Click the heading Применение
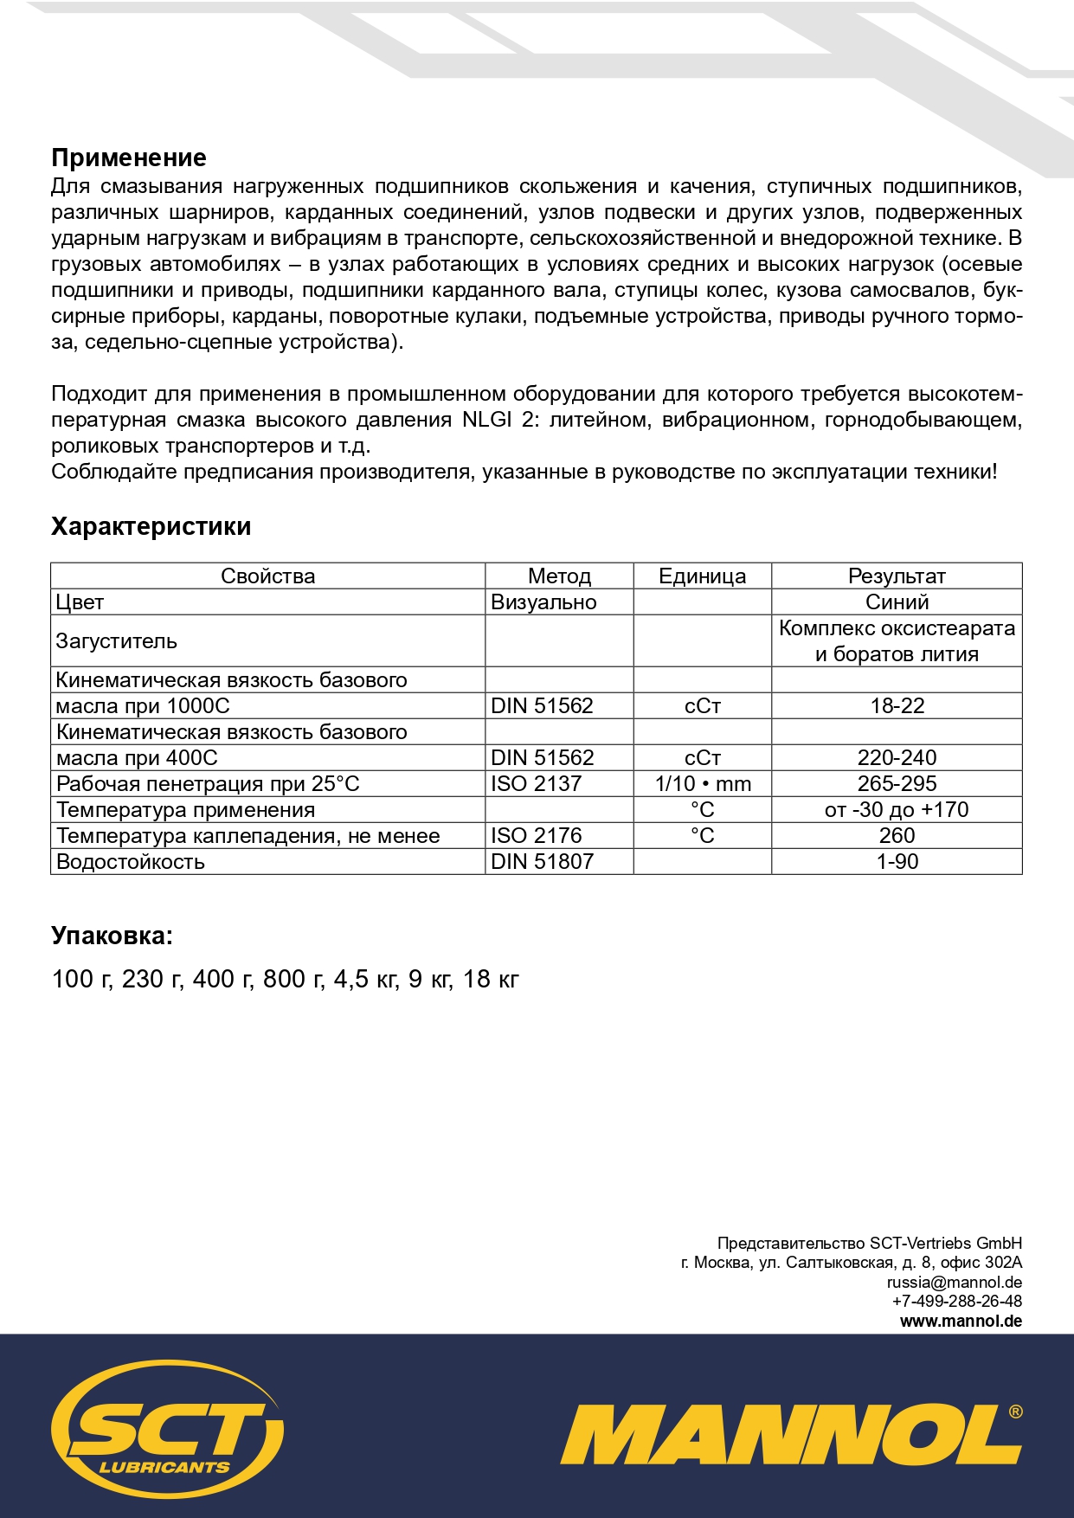click(x=129, y=158)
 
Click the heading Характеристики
click(x=151, y=526)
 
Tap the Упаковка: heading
click(x=113, y=936)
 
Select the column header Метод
click(x=559, y=576)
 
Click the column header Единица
click(x=702, y=576)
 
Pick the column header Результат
click(x=897, y=576)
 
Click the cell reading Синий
click(x=897, y=602)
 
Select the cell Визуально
click(x=543, y=602)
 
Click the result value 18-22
click(x=897, y=706)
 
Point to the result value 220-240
click(x=897, y=758)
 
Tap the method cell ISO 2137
click(x=537, y=784)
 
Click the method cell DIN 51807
click(x=543, y=862)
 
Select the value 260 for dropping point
click(x=897, y=836)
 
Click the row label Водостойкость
click(x=131, y=862)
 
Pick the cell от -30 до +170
click(x=897, y=810)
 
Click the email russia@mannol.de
click(x=954, y=1283)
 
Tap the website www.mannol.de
click(x=961, y=1322)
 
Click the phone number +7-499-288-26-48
click(x=956, y=1302)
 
